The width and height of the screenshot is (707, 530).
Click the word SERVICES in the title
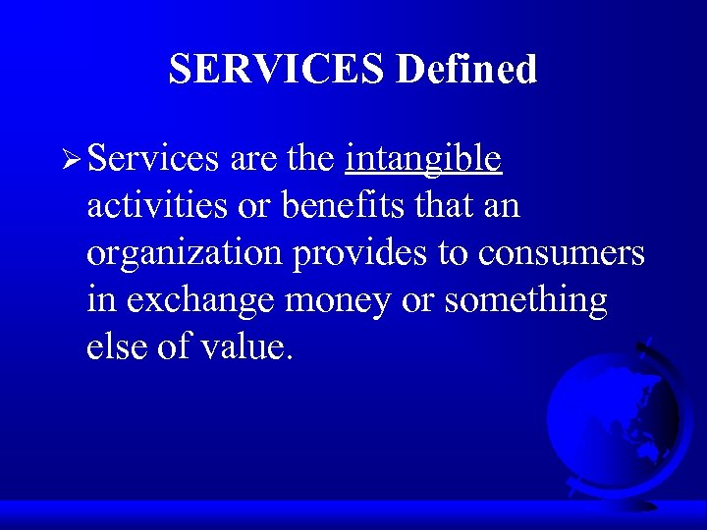click(x=277, y=70)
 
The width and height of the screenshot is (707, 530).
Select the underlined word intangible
click(x=423, y=159)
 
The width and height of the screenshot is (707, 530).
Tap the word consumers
click(x=562, y=253)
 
